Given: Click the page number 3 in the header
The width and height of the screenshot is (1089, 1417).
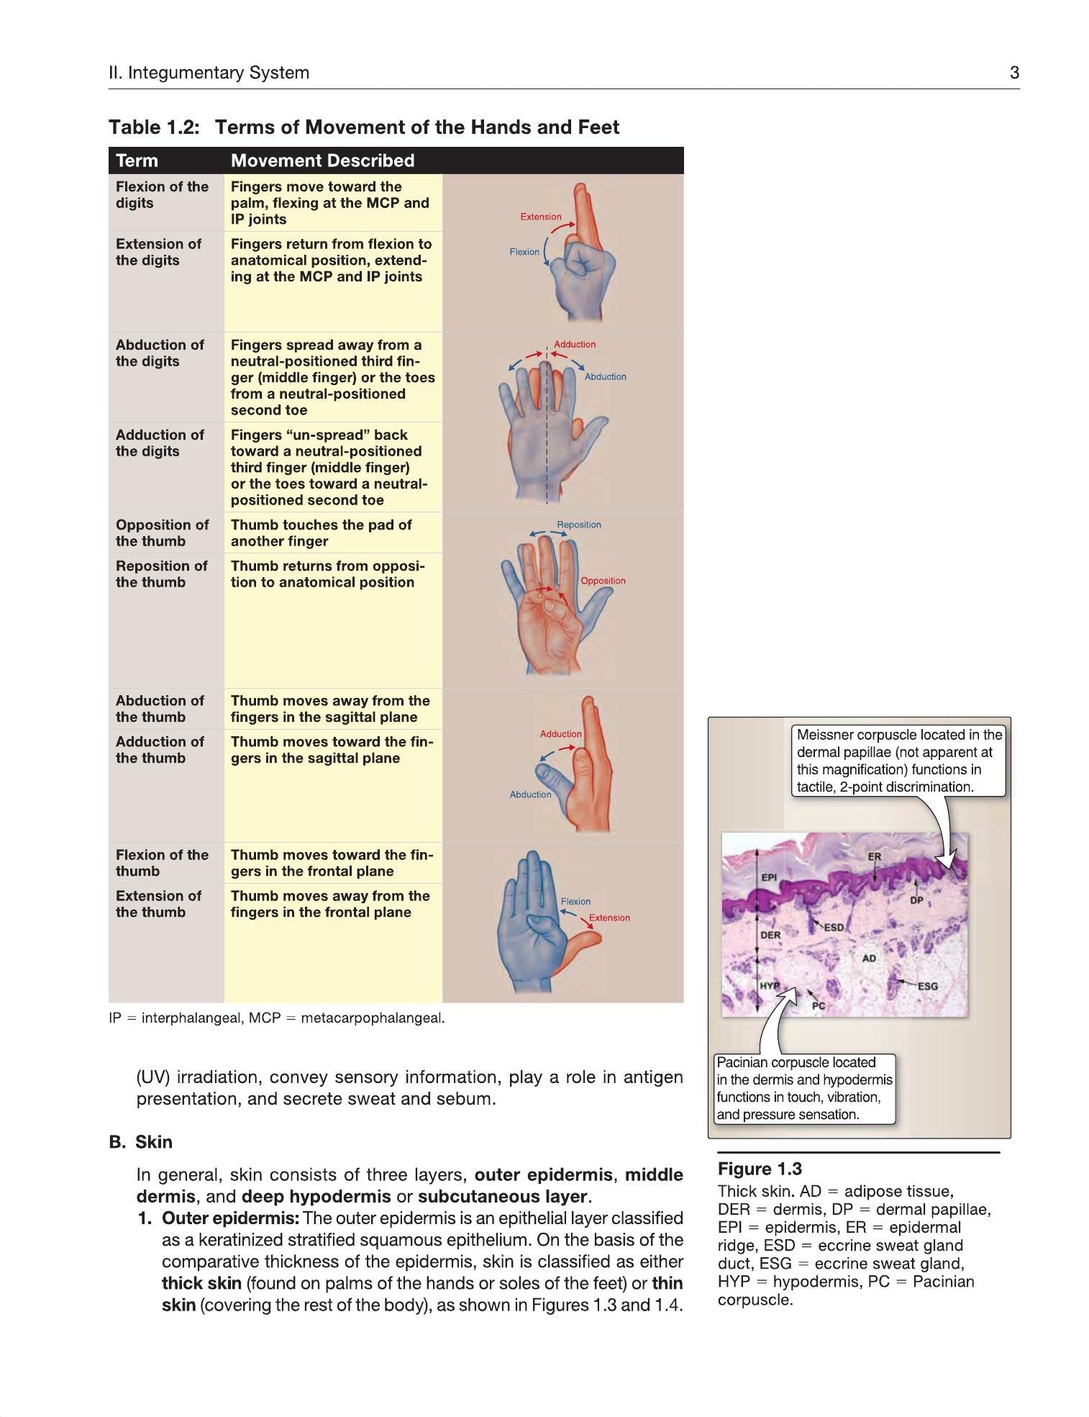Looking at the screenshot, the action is [1014, 73].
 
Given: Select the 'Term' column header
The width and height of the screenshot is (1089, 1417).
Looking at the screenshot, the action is [137, 160].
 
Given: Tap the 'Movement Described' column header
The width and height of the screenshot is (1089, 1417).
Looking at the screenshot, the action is [322, 160].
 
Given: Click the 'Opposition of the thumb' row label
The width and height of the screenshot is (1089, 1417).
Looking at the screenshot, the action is [162, 533].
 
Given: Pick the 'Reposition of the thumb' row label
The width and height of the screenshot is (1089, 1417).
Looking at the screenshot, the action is [161, 574].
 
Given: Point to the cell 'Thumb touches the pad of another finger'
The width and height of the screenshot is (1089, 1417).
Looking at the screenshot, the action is [321, 533].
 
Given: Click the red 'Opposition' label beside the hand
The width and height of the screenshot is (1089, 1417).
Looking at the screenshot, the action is [603, 581].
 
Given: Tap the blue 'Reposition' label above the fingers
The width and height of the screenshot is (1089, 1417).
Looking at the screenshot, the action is [579, 525].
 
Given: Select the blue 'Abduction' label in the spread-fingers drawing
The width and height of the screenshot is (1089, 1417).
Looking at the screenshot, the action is [605, 376].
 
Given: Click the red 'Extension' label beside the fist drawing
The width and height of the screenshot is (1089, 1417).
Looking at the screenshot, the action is [541, 217].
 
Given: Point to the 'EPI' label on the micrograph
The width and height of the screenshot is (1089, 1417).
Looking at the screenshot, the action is [769, 877].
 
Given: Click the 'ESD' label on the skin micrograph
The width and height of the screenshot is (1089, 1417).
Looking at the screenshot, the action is [834, 928].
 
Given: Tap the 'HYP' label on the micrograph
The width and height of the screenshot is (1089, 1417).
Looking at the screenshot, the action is [770, 985].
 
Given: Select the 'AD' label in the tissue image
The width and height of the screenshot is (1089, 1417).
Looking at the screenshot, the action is [869, 959].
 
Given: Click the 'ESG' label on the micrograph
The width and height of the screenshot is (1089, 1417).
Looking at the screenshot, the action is [928, 986].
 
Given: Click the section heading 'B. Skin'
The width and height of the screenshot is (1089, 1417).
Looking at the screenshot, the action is [141, 1142].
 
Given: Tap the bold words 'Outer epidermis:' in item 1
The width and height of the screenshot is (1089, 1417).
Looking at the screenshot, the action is [230, 1218].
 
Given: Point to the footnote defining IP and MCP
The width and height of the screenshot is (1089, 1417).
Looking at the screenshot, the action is [277, 1018].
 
